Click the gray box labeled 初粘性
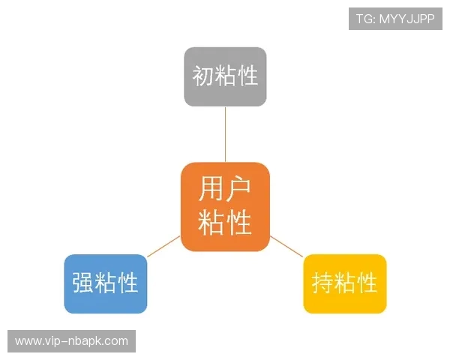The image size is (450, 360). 225,76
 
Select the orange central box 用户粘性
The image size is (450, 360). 225,206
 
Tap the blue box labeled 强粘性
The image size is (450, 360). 106,283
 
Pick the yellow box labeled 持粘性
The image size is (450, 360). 344,283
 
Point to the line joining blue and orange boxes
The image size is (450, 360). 163,247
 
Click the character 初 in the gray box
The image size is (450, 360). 203,76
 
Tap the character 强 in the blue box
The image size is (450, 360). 83,283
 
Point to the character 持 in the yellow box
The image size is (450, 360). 322,283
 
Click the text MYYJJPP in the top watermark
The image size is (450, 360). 406,19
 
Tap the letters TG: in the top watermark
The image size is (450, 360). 365,19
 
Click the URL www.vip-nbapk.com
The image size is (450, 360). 71,341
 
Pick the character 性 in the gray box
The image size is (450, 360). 247,76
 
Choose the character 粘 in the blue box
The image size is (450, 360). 106,283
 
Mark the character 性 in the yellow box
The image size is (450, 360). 367,283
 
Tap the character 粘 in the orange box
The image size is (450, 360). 211,223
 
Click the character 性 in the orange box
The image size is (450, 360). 238,223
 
